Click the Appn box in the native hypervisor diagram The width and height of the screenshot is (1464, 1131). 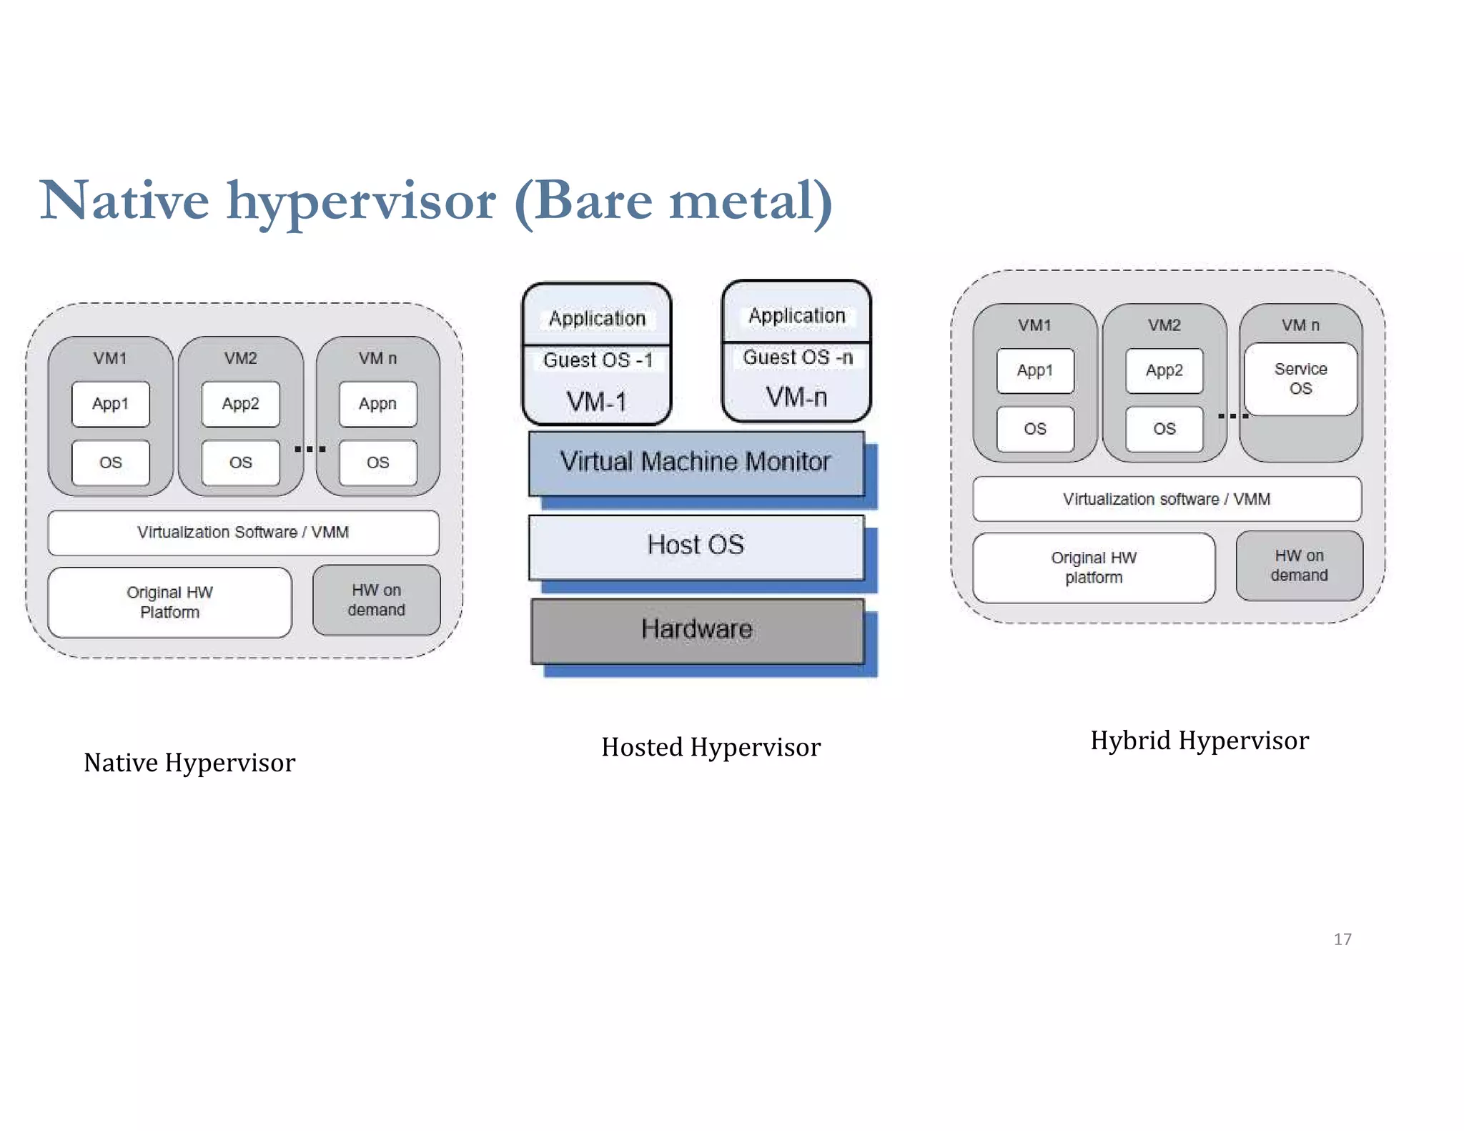click(377, 404)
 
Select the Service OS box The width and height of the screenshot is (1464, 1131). click(1300, 379)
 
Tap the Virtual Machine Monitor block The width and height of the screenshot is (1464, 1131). click(696, 462)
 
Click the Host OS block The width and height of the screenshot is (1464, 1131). click(696, 545)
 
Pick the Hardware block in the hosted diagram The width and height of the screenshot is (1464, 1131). click(697, 629)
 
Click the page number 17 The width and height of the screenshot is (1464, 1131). click(1342, 939)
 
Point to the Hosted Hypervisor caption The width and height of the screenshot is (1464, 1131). click(711, 747)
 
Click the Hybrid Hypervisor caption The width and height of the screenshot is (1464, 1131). click(1200, 741)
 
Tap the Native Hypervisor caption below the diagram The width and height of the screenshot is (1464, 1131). click(189, 763)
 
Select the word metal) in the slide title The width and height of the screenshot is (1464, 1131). click(751, 201)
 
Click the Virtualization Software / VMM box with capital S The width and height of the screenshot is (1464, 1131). click(243, 533)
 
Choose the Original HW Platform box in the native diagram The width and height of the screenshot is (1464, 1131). click(169, 602)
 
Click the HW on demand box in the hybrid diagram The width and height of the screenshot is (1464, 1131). click(1299, 565)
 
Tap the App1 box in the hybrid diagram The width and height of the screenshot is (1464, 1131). click(1035, 370)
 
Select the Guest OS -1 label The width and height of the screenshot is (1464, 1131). click(598, 360)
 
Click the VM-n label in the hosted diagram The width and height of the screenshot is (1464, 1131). click(796, 397)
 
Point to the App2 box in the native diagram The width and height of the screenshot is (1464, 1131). click(240, 404)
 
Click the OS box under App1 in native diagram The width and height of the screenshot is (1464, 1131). click(111, 463)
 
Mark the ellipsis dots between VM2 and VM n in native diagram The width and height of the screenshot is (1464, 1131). click(310, 449)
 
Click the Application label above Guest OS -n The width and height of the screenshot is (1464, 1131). click(796, 315)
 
